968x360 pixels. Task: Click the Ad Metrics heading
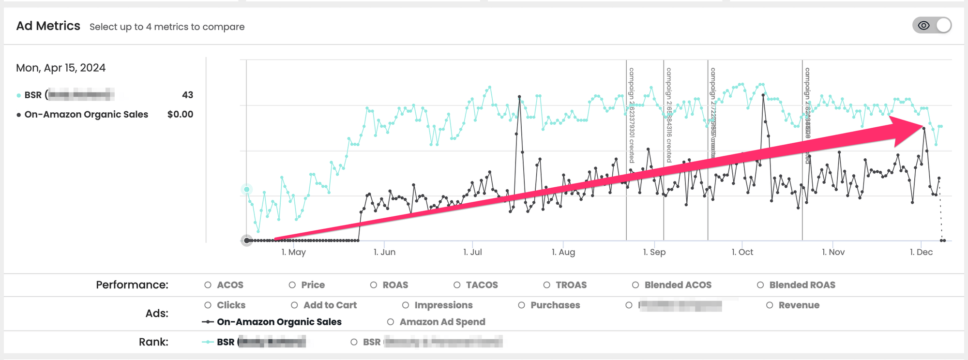point(48,26)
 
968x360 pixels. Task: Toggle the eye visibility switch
point(932,26)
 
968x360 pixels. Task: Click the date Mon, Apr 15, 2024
point(60,68)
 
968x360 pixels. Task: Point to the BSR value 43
point(187,95)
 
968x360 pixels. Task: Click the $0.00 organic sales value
point(180,114)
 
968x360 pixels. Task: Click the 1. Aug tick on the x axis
point(563,252)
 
